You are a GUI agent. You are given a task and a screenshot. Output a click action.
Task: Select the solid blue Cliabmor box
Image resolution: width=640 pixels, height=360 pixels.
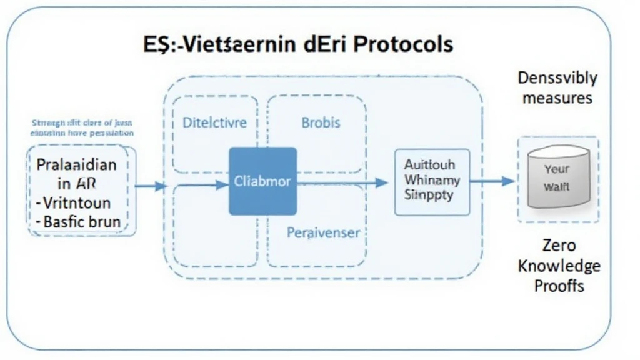(262, 181)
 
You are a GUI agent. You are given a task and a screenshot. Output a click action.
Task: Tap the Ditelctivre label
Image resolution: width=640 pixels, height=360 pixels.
(214, 122)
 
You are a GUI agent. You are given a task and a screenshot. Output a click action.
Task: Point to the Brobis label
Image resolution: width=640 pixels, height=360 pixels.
(321, 122)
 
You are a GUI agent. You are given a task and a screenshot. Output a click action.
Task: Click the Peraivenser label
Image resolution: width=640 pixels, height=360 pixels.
(323, 233)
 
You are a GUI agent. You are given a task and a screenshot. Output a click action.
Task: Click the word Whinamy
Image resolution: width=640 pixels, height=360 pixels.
(432, 180)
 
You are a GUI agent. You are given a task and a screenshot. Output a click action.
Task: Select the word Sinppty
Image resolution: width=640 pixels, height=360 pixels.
(429, 194)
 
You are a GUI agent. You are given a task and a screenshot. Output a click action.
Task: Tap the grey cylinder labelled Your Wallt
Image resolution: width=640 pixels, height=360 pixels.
(556, 179)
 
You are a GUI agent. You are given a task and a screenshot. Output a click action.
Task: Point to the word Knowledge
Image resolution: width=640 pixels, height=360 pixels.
(558, 266)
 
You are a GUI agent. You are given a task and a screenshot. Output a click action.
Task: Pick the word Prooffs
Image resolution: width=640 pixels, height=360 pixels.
(558, 286)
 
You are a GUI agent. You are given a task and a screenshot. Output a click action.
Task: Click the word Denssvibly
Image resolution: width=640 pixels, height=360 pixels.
(557, 78)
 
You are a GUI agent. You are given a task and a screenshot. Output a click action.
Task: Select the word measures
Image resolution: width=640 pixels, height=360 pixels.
(557, 98)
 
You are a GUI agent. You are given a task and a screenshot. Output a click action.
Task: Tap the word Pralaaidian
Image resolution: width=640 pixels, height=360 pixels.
(76, 166)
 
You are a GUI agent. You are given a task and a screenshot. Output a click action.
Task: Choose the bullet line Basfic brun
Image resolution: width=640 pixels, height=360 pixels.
(78, 221)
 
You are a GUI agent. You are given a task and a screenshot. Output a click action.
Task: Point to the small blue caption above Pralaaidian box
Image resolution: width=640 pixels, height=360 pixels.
(82, 128)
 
